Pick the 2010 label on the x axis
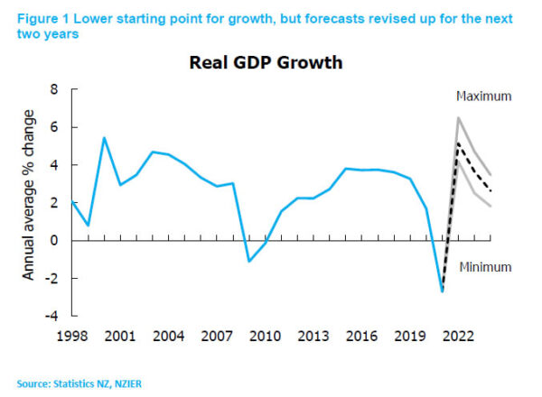pos(263,336)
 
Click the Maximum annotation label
pos(483,97)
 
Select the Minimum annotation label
pos(484,267)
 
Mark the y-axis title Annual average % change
pos(29,203)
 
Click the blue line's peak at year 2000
pos(104,137)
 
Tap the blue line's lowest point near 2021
pos(443,291)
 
